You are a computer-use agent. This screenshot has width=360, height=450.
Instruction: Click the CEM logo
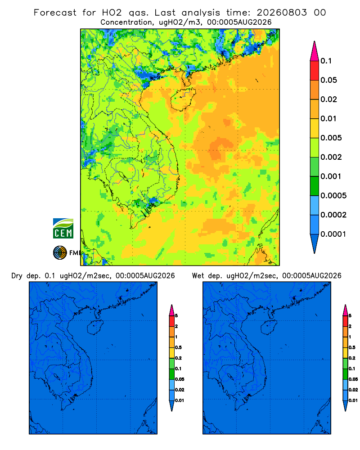63,228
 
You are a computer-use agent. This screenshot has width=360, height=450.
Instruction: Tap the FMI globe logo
60,253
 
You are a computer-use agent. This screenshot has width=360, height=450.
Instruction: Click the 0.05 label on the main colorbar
328,80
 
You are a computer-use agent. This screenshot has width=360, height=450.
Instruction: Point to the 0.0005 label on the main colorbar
333,196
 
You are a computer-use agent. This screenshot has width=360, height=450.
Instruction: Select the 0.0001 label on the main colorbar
333,234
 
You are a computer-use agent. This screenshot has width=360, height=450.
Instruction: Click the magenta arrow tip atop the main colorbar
315,51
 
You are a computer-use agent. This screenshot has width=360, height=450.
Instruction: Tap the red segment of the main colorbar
315,71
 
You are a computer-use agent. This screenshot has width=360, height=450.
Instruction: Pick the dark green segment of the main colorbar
315,186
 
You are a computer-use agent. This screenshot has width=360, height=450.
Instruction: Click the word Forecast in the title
55,13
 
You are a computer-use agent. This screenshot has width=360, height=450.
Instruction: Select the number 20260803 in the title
282,13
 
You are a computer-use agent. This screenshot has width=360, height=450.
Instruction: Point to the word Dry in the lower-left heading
17,276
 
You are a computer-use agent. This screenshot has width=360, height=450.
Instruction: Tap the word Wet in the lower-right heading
198,276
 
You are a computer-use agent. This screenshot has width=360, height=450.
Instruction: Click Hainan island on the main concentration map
183,99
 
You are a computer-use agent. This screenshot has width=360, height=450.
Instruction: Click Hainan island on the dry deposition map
95,328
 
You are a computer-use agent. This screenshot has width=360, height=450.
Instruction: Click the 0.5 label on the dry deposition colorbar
179,347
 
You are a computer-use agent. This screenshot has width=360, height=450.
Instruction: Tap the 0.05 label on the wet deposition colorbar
353,379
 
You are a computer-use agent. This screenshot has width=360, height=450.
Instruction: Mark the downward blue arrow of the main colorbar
315,243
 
